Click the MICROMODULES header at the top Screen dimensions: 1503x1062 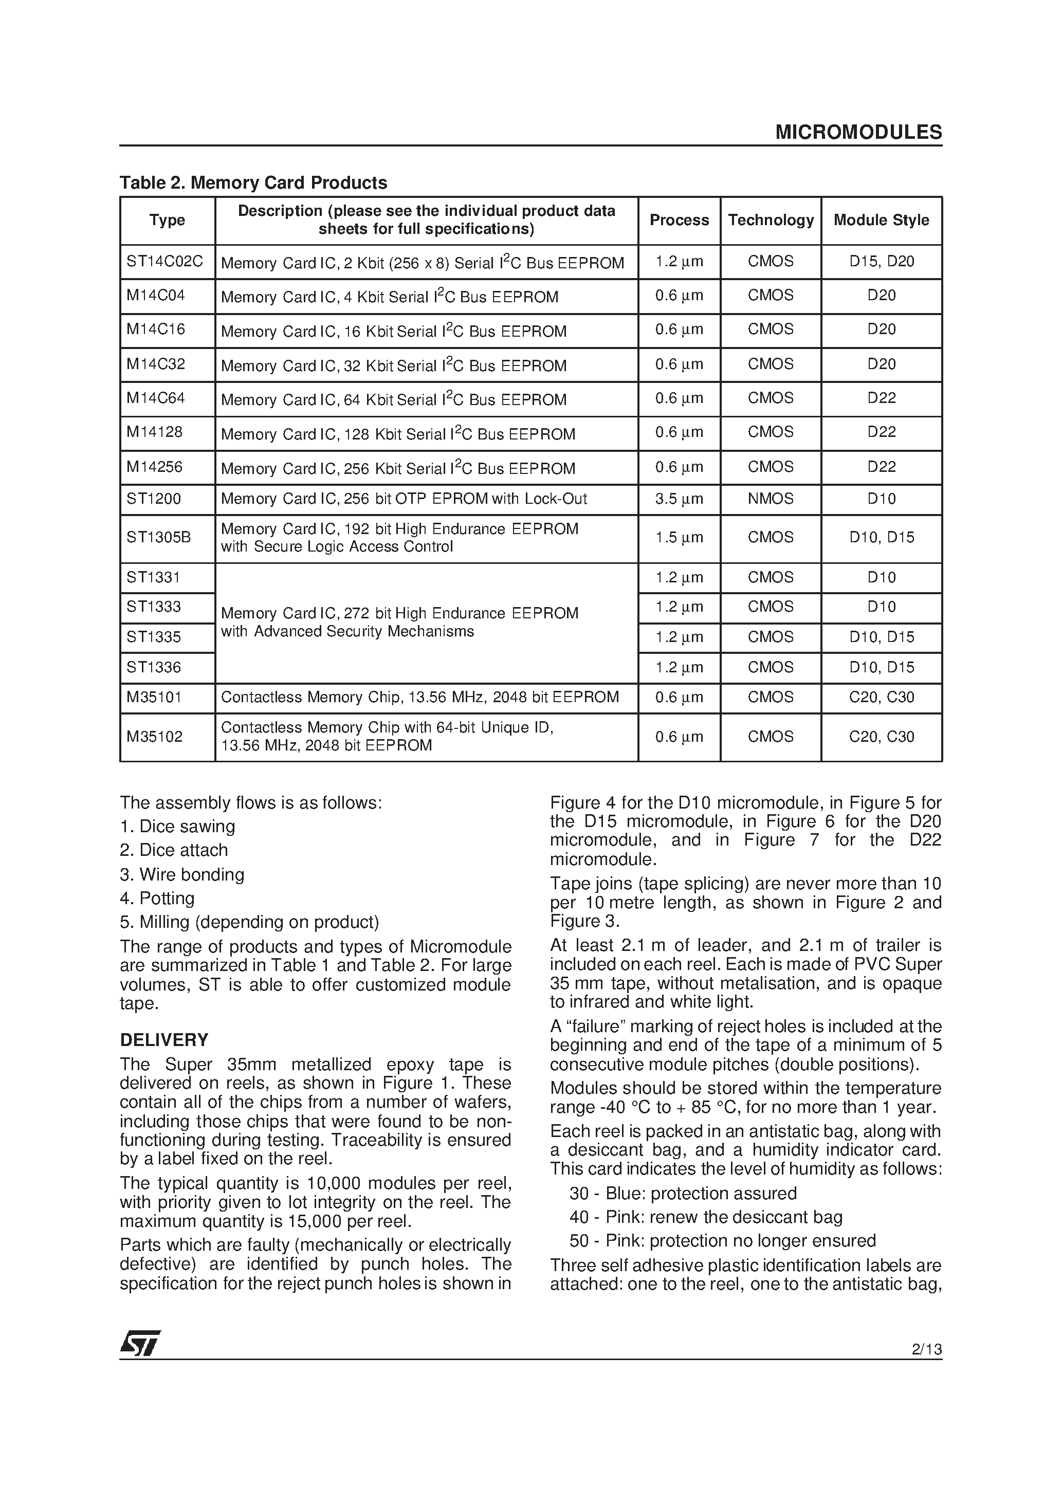[x=858, y=133]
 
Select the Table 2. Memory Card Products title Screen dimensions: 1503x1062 [x=253, y=182]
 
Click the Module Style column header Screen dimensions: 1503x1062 [x=881, y=220]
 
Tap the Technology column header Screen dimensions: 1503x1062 [x=770, y=220]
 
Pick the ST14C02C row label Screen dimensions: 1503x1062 [x=165, y=262]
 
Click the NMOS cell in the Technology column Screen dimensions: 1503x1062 [x=770, y=499]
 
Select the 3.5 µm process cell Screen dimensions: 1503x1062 [x=679, y=499]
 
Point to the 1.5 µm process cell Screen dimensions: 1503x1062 [x=679, y=538]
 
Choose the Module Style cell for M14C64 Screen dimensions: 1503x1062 [x=881, y=398]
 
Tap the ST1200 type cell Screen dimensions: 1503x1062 [x=153, y=499]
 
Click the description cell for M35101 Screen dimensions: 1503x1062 [x=419, y=697]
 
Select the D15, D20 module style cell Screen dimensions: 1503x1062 [x=881, y=261]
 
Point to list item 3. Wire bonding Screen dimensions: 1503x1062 [x=182, y=874]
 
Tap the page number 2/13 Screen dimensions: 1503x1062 [x=926, y=1349]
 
